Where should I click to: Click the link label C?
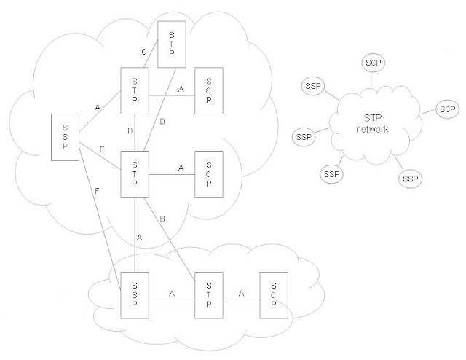tap(142, 52)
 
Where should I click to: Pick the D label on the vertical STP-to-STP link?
tap(130, 131)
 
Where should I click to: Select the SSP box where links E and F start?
tap(65, 136)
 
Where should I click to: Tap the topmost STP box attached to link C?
tap(173, 42)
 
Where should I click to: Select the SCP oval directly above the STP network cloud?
tap(374, 63)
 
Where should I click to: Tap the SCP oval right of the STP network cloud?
tap(446, 109)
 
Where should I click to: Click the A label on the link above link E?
tap(98, 108)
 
